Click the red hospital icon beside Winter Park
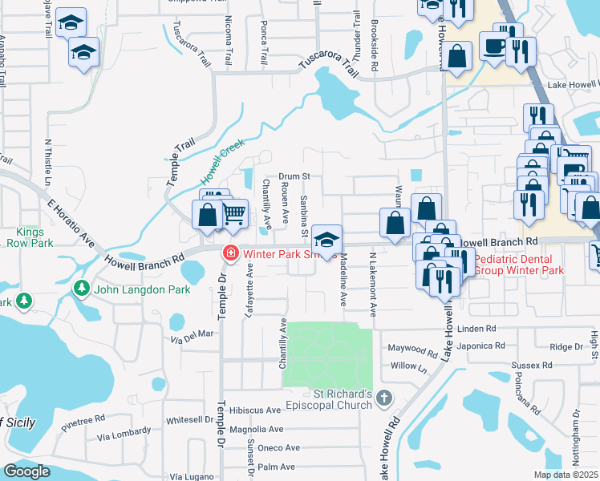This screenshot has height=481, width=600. pyautogui.click(x=231, y=253)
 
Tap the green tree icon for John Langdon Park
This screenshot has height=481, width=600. pyautogui.click(x=81, y=288)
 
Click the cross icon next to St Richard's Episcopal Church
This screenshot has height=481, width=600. pyautogui.click(x=384, y=398)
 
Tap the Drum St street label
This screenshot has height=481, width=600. pyautogui.click(x=294, y=176)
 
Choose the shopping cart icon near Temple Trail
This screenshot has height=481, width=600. pyautogui.click(x=233, y=212)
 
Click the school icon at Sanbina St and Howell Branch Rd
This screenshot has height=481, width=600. pyautogui.click(x=326, y=238)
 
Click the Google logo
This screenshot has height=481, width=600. pyautogui.click(x=26, y=471)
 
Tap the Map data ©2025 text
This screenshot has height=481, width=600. pyautogui.click(x=565, y=475)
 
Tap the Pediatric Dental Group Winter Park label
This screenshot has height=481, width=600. pyautogui.click(x=518, y=265)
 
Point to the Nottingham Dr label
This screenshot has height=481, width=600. pyautogui.click(x=576, y=441)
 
